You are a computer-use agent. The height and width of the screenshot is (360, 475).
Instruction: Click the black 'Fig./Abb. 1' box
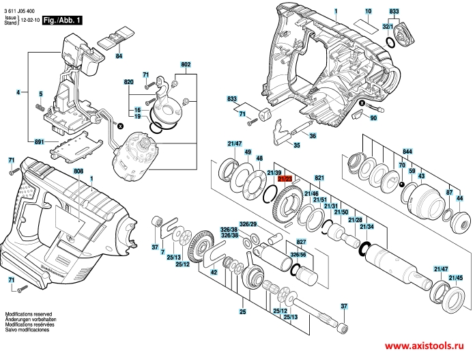point(63,21)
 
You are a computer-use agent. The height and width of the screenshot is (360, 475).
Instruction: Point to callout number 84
point(119,55)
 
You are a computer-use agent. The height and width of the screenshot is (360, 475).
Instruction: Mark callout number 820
point(128,81)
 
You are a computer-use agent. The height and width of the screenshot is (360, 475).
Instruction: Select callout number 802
point(186,64)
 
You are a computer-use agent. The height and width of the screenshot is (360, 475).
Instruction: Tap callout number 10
point(368,12)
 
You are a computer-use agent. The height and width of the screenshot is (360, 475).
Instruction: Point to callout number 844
point(407,150)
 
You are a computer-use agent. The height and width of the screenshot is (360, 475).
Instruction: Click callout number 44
point(459,198)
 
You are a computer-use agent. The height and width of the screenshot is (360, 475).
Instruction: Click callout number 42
point(213,272)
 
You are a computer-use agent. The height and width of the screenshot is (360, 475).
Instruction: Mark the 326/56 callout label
point(298,254)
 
